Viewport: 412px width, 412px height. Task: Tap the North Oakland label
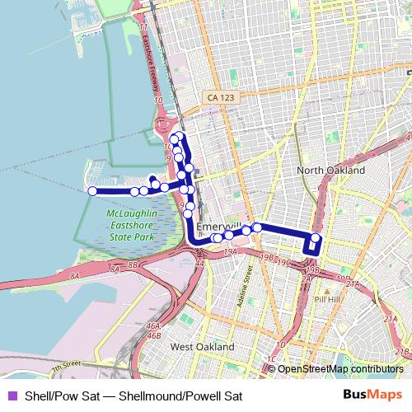point(330,170)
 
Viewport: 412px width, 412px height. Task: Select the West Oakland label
point(202,348)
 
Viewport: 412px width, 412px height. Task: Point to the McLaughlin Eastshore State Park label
point(132,226)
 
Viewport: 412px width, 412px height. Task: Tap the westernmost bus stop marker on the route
point(92,191)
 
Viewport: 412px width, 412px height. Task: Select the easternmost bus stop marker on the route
point(315,239)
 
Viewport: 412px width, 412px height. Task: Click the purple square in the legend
point(12,396)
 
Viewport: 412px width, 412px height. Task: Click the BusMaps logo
point(378,395)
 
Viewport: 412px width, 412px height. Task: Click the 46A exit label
point(153,326)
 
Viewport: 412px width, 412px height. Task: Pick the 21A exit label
point(353,283)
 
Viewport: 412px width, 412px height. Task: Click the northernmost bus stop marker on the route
point(178,135)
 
